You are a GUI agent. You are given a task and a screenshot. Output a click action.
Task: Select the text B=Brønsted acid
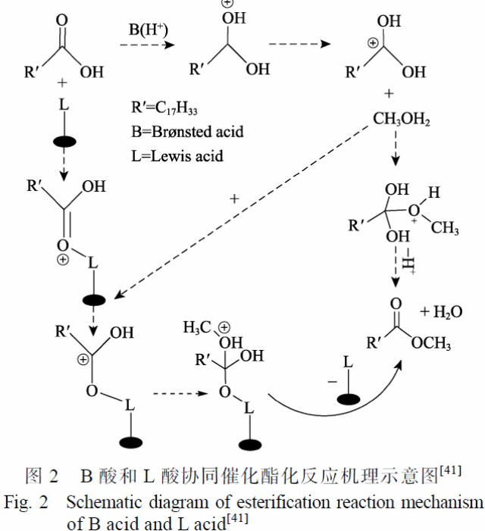pyautogui.click(x=187, y=131)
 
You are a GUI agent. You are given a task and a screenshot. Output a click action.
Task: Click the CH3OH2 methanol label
pyautogui.click(x=402, y=119)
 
